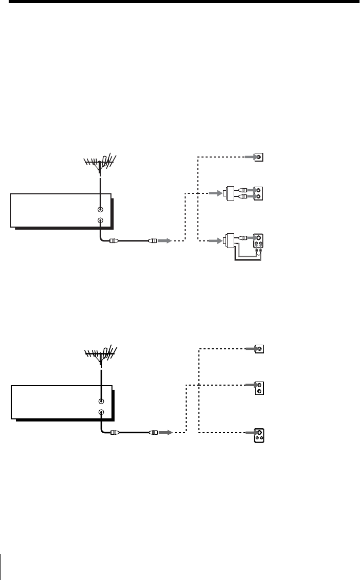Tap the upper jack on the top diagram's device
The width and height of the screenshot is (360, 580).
(x=100, y=209)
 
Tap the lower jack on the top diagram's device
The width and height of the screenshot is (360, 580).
(x=100, y=220)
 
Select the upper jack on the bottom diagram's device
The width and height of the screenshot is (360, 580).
(x=101, y=401)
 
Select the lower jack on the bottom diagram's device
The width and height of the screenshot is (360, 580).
(x=101, y=412)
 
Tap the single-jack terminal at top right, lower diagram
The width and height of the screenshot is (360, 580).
(x=260, y=349)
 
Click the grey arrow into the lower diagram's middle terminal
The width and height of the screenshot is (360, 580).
(x=249, y=385)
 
